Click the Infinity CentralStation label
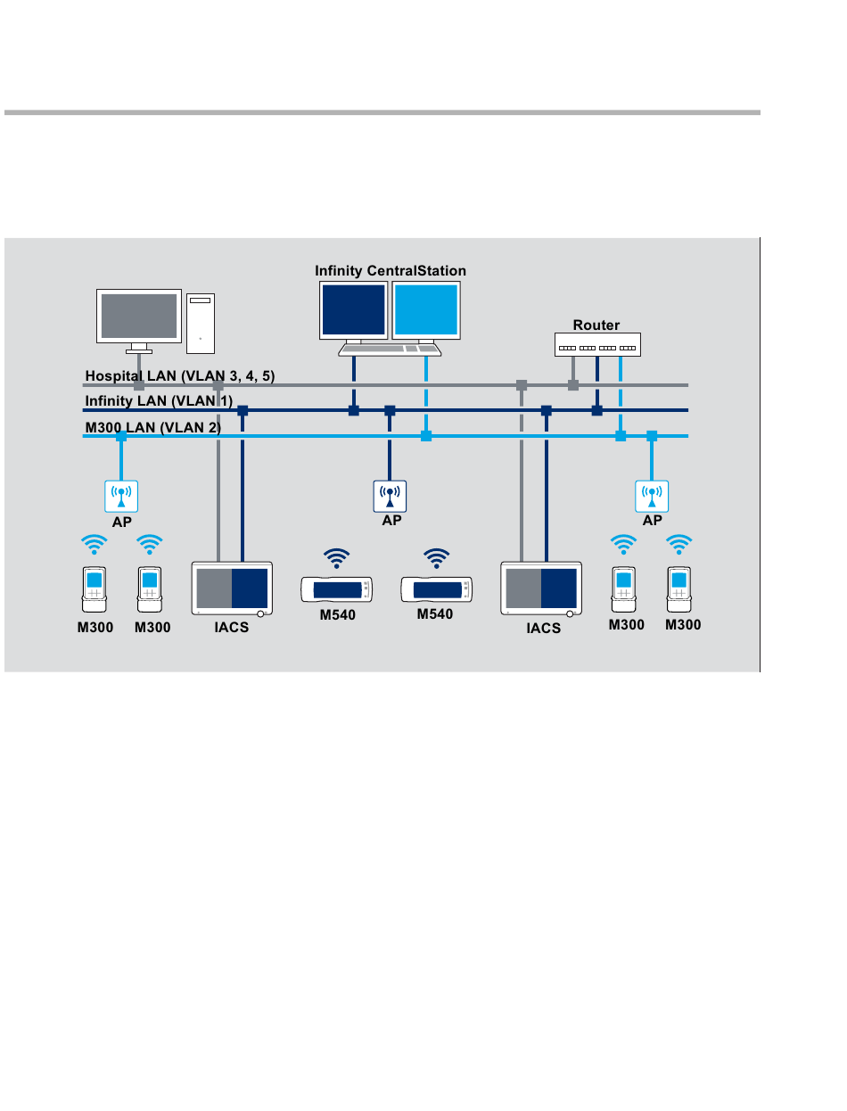click(390, 270)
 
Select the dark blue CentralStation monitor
click(353, 309)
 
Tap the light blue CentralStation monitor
click(426, 309)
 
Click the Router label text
click(596, 325)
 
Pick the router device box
click(597, 344)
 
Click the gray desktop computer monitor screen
click(139, 316)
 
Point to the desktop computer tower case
click(201, 323)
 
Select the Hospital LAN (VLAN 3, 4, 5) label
click(179, 375)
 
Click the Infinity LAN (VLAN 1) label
click(159, 400)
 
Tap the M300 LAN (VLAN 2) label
click(152, 427)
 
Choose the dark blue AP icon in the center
click(390, 496)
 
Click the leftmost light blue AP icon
click(121, 496)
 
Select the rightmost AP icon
click(652, 496)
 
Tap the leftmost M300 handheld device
click(95, 589)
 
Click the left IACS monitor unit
click(232, 588)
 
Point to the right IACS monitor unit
click(541, 588)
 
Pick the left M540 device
click(336, 589)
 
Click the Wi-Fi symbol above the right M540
click(436, 558)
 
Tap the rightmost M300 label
click(683, 624)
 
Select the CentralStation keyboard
click(390, 350)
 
